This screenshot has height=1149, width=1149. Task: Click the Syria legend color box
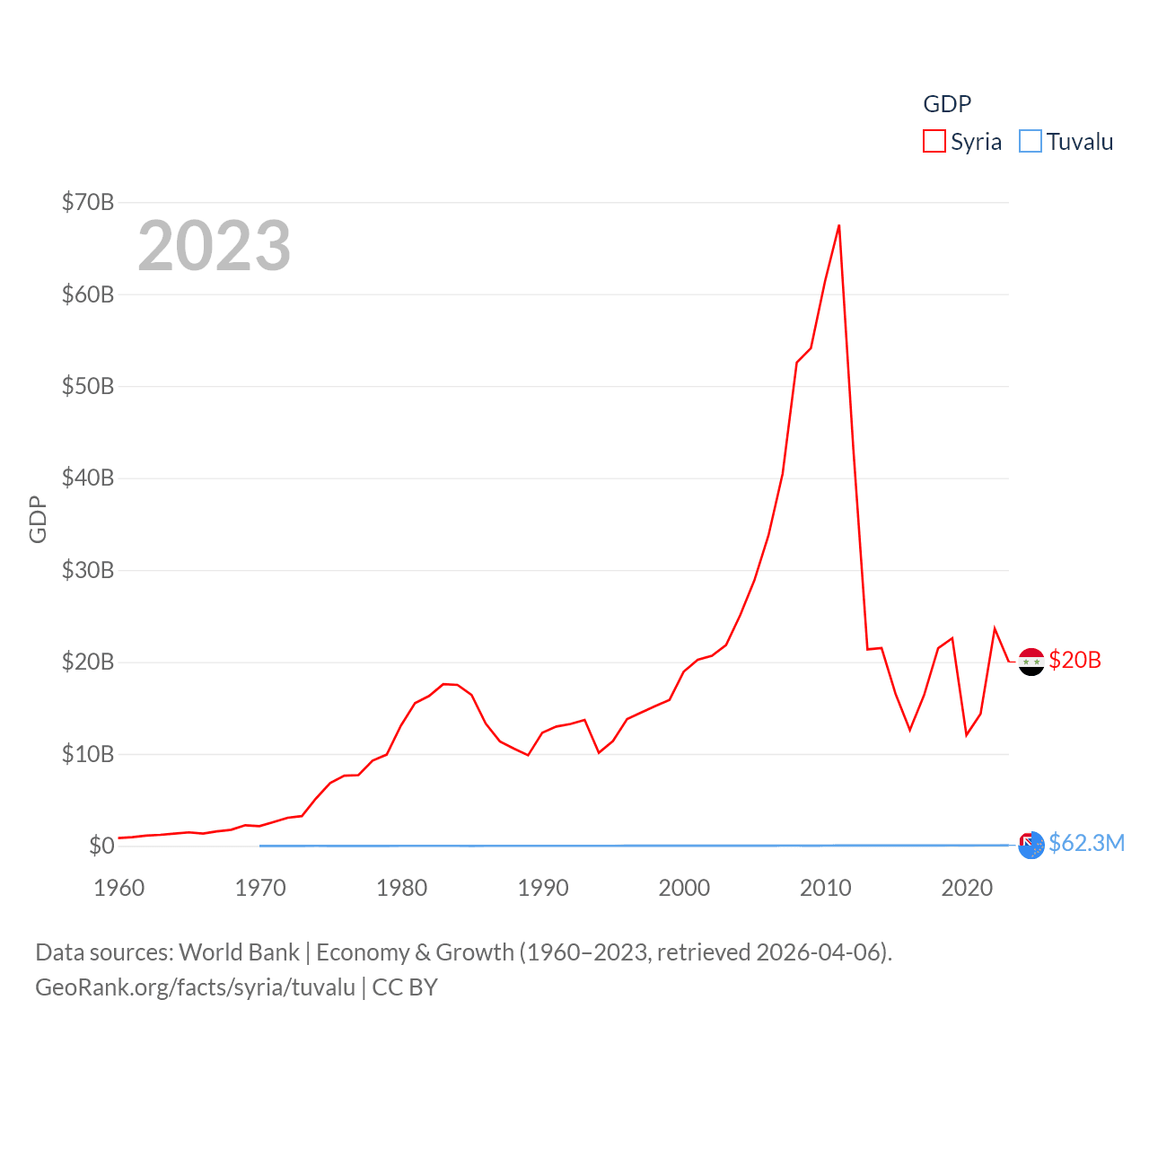point(934,142)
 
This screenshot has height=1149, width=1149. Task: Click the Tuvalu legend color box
point(1031,142)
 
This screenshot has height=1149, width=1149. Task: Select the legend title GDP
point(947,104)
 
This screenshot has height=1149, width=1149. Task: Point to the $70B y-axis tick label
point(88,202)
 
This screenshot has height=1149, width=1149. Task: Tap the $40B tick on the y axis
point(88,478)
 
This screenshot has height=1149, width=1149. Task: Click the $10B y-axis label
point(88,754)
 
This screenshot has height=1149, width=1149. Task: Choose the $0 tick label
point(101,846)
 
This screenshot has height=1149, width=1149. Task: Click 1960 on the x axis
point(119,888)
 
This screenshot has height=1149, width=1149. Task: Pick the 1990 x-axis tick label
point(543,888)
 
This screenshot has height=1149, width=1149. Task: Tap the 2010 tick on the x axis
point(826,888)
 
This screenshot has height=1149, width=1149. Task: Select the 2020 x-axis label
point(967,888)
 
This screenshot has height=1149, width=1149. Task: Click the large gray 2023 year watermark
point(215,246)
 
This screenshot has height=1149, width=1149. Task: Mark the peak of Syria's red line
point(839,225)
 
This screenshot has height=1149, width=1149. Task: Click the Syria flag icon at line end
point(1031,662)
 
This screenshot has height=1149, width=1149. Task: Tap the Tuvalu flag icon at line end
point(1031,845)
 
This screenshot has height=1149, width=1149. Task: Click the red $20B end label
point(1074,660)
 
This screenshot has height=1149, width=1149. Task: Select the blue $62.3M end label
point(1086,843)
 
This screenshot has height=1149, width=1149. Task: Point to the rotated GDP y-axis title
point(38,519)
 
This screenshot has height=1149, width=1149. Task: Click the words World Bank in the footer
point(239,952)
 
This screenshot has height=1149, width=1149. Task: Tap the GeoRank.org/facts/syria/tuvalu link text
point(196,987)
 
